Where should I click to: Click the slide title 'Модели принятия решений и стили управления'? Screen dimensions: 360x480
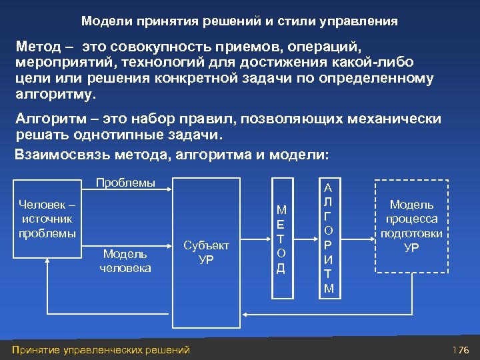pos(239,21)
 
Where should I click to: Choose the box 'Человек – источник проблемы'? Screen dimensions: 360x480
pos(47,219)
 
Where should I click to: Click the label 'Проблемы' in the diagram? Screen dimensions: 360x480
pos(125,183)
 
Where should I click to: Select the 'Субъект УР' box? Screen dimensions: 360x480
pos(207,252)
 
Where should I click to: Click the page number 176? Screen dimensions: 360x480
pos(461,349)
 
